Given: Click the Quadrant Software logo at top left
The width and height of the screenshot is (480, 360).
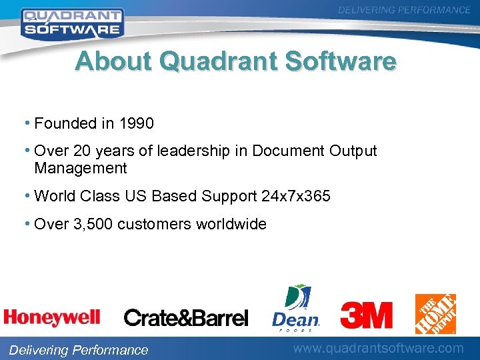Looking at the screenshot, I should coord(71,22).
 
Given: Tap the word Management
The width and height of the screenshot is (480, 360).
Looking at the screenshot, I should coord(80,168).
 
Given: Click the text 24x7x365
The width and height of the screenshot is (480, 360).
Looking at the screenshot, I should coord(295,196).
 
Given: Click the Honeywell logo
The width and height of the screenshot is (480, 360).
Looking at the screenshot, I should coord(52,317).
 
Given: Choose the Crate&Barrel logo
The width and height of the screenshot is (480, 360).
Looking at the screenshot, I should coord(186,317).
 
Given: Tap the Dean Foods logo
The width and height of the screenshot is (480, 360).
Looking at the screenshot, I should coord(296,309).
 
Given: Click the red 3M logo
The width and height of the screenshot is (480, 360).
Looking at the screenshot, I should coord(366,315).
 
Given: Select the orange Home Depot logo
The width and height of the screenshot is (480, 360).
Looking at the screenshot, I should coord(435,313).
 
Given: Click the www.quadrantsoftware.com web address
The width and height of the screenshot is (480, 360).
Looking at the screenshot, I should coord(379,348).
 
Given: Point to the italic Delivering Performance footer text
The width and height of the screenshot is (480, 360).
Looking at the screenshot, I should coord(77,350).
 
